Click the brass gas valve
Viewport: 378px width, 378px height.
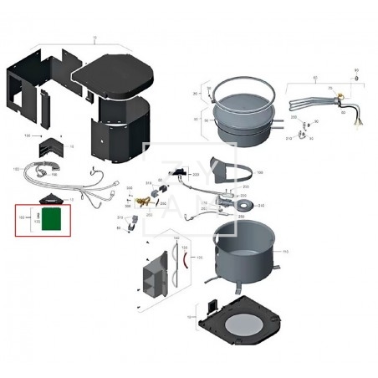click(153, 202)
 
